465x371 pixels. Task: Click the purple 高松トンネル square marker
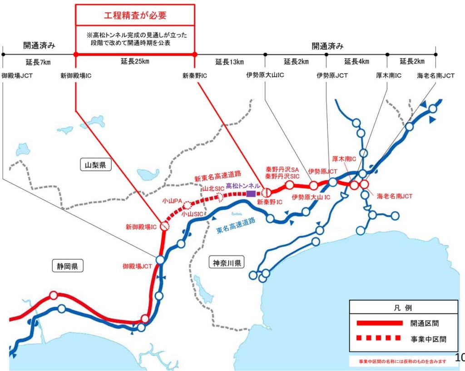(x=251, y=193)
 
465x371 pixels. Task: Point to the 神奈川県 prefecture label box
(x=228, y=262)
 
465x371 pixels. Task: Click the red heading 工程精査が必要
(x=135, y=15)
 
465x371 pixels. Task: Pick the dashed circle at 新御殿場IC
(x=164, y=225)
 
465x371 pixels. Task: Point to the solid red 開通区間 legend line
(x=380, y=323)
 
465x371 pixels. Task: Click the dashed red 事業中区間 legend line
(x=380, y=338)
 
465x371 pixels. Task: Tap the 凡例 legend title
(x=403, y=307)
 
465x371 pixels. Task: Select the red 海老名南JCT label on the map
(x=394, y=196)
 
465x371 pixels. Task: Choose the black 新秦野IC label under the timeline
(x=195, y=75)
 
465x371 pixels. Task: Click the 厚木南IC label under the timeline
(x=389, y=75)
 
